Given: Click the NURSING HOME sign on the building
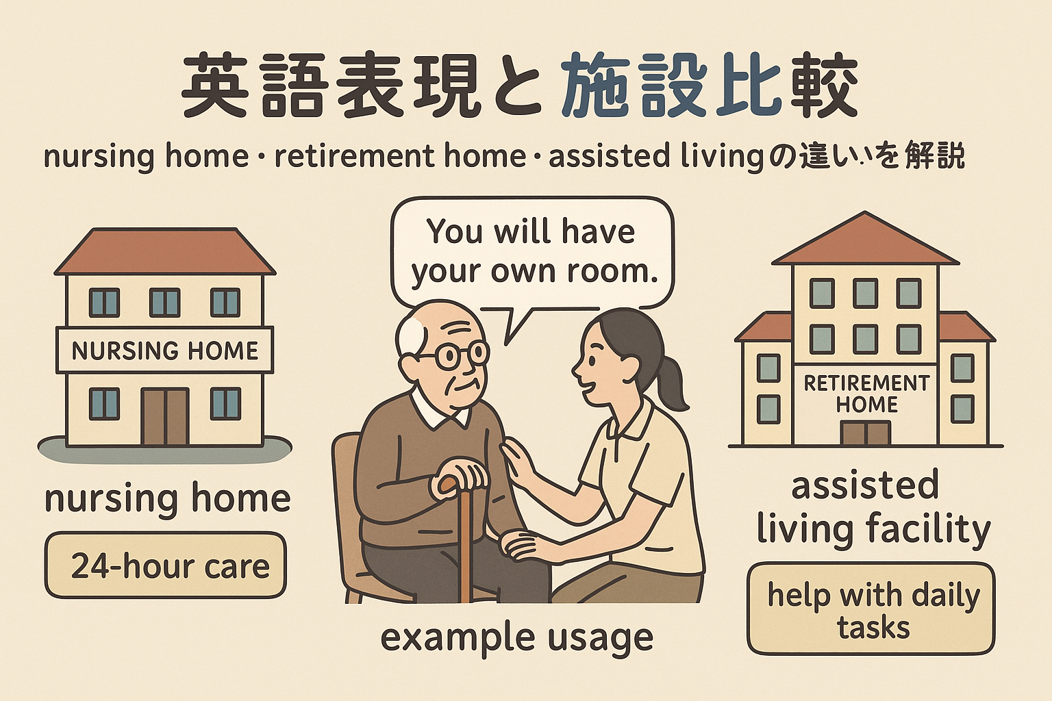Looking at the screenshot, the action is coord(164,350).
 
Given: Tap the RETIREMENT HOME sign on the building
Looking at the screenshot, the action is coord(866,394).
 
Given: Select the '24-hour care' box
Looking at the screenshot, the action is coord(165,565).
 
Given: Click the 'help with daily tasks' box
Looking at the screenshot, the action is coord(871,609).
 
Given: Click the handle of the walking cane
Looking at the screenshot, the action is coord(458,487).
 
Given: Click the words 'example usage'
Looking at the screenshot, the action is coord(516,637).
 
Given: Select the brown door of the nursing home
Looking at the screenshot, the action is coord(165,416).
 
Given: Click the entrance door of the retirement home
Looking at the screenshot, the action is coord(865,433).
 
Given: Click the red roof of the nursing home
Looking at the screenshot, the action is coord(165,251).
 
